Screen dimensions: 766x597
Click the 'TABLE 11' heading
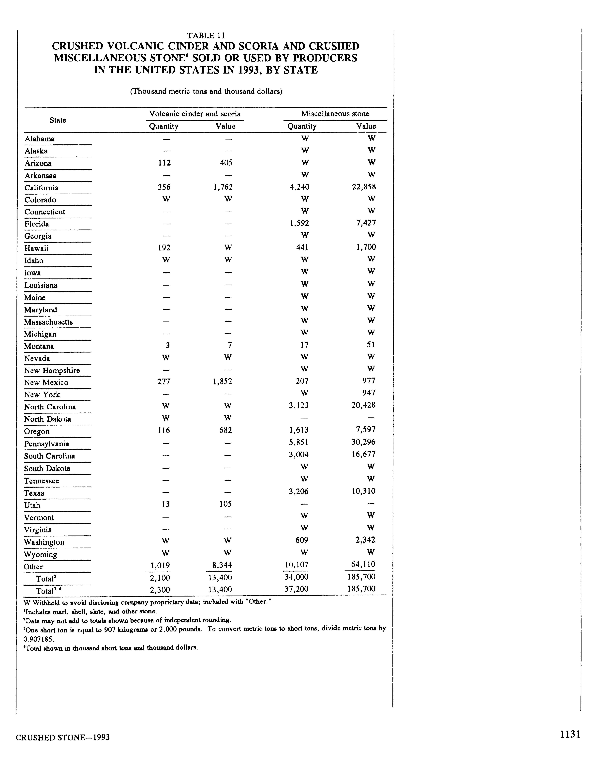point(206,35)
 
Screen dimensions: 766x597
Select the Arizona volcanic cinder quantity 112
point(164,163)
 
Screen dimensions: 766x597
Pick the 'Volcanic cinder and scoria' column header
point(195,114)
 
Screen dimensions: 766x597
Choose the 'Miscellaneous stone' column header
point(335,114)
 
